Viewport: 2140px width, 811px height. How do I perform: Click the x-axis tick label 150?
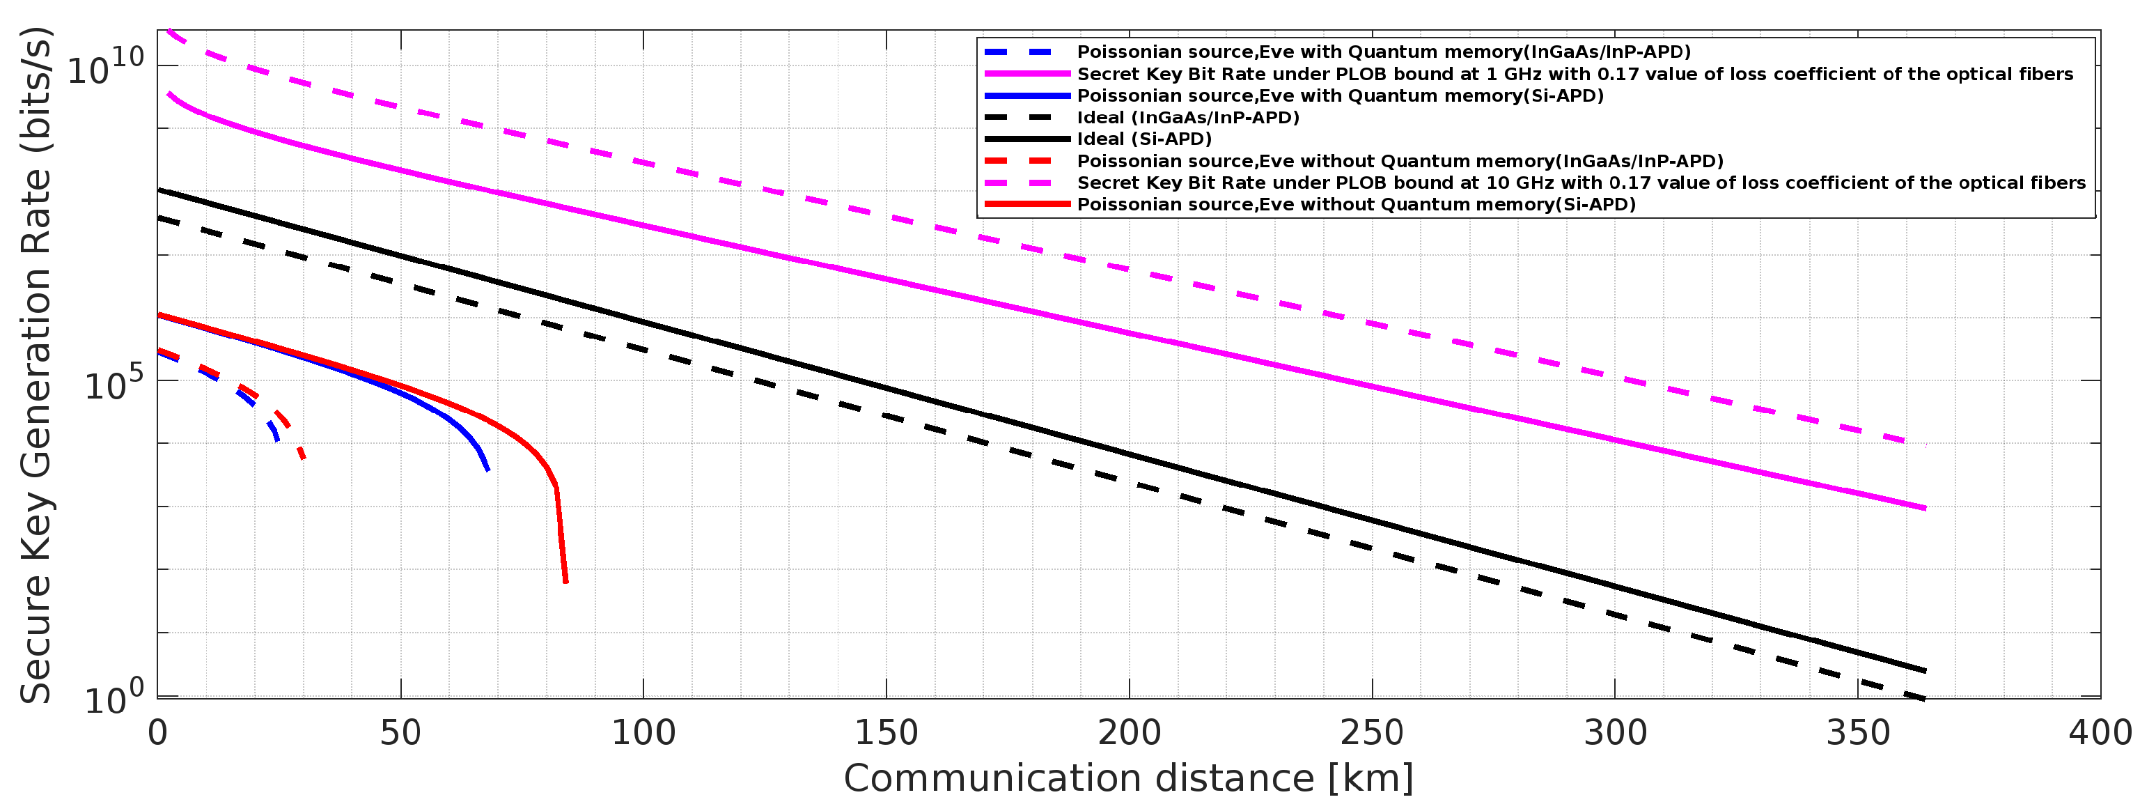[x=887, y=733]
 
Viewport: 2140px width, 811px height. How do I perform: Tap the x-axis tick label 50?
[x=400, y=733]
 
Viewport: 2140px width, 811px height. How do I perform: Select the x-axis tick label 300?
[x=1615, y=733]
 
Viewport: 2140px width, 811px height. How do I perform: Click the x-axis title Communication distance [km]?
[x=1128, y=778]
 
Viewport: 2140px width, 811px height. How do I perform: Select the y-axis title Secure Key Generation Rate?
[x=38, y=366]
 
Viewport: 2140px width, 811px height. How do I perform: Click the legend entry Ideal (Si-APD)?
[x=1144, y=139]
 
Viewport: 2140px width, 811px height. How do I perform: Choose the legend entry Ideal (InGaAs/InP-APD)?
[x=1188, y=117]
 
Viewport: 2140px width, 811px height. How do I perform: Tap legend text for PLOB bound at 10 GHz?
[x=1581, y=183]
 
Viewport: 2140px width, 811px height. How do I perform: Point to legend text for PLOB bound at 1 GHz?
[x=1575, y=74]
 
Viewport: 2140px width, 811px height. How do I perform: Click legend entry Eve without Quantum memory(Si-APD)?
[x=1356, y=204]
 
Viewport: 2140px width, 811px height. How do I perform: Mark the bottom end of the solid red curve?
[x=565, y=582]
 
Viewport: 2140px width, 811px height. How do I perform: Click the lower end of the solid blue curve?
[x=487, y=471]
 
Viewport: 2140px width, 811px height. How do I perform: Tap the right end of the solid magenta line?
[x=1925, y=509]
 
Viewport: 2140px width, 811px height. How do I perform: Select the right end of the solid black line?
[x=1925, y=670]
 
